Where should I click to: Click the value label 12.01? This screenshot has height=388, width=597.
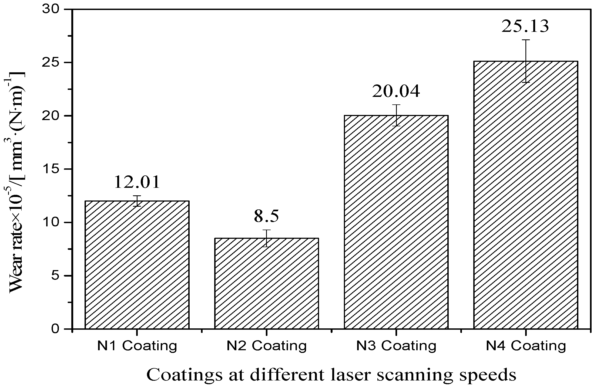(137, 182)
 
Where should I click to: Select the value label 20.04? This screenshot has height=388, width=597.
(396, 91)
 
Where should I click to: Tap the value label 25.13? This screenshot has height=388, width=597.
(525, 26)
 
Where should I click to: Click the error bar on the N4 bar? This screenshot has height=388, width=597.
(526, 61)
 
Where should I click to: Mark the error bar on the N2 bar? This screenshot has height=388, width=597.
(266, 238)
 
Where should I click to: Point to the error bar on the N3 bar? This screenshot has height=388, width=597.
(396, 115)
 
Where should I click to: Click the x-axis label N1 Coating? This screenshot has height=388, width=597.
(137, 346)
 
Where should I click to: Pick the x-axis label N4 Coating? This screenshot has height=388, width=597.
(526, 346)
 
